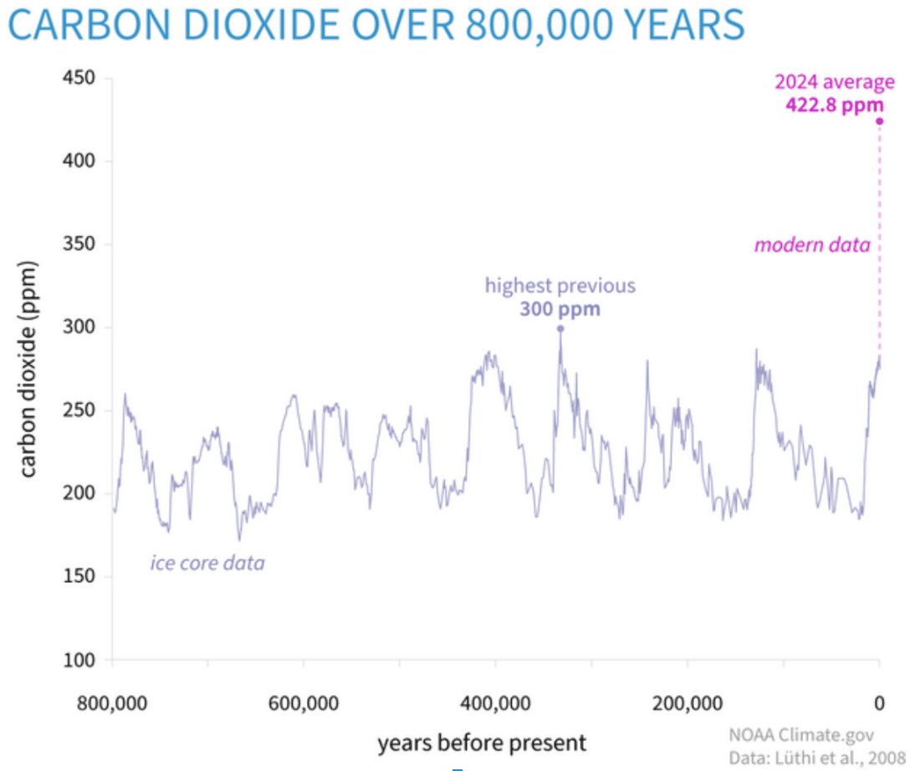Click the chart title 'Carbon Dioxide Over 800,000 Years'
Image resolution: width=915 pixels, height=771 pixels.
click(376, 27)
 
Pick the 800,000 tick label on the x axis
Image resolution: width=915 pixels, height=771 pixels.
click(112, 702)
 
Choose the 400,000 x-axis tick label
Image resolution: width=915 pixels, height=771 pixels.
click(496, 702)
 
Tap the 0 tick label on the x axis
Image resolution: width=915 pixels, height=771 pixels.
click(879, 702)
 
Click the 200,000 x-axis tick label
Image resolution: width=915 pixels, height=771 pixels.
click(688, 702)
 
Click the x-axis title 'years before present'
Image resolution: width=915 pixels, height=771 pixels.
click(482, 743)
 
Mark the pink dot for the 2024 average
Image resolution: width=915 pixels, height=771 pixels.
click(879, 121)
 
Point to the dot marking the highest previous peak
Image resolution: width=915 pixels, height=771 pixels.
click(560, 328)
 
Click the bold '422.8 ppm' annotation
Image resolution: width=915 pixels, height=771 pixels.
click(834, 105)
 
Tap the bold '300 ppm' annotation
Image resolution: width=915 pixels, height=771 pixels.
click(560, 309)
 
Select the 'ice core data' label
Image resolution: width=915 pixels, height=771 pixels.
click(207, 563)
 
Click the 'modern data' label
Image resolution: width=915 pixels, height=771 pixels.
click(812, 245)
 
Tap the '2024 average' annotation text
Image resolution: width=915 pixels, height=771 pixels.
click(834, 83)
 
